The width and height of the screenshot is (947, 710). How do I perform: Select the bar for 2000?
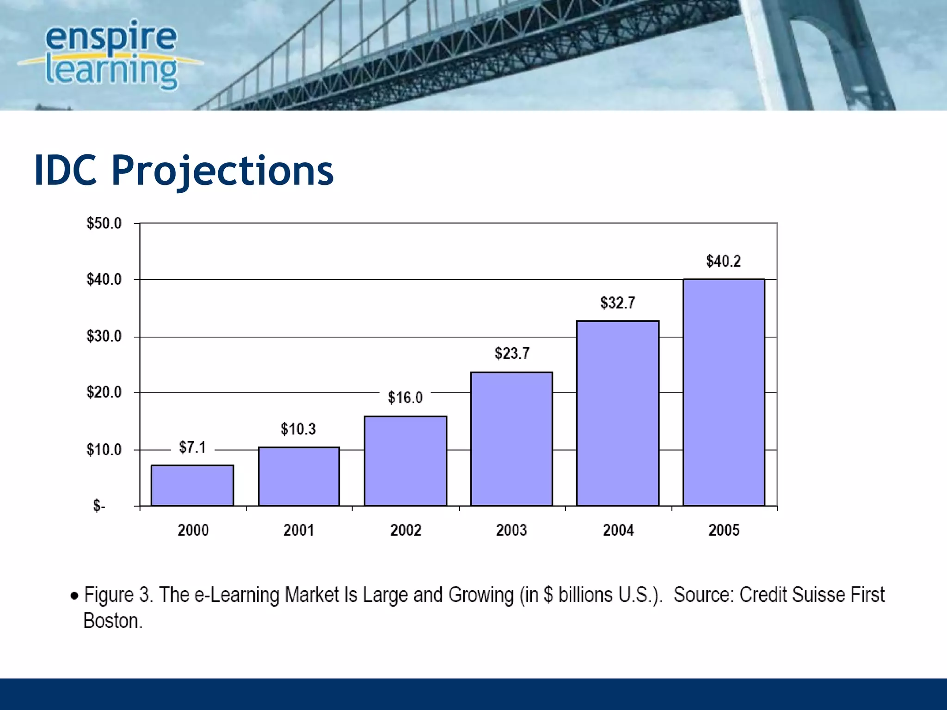pyautogui.click(x=192, y=485)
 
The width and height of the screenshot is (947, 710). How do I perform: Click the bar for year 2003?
pyautogui.click(x=511, y=439)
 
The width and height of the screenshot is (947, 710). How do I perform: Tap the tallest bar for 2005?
pyautogui.click(x=724, y=393)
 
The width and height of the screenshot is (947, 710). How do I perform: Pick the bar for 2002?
pyautogui.click(x=406, y=461)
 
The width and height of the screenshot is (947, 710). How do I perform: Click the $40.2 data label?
pyautogui.click(x=723, y=261)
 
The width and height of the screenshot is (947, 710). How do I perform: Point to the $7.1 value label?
pyautogui.click(x=192, y=447)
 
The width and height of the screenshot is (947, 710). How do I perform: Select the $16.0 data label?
pyautogui.click(x=405, y=398)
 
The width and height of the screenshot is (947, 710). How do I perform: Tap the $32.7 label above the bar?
pyautogui.click(x=618, y=303)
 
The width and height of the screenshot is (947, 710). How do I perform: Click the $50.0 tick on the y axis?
pyautogui.click(x=104, y=223)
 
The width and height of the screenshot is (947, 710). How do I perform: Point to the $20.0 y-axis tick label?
pyautogui.click(x=104, y=392)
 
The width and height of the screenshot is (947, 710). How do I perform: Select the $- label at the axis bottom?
pyautogui.click(x=99, y=506)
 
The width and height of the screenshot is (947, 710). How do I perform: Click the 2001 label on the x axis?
pyautogui.click(x=299, y=530)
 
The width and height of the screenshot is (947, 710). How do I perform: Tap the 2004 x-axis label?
pyautogui.click(x=618, y=530)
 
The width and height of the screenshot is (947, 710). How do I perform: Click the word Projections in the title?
pyautogui.click(x=222, y=171)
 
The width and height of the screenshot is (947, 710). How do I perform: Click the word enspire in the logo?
pyautogui.click(x=111, y=37)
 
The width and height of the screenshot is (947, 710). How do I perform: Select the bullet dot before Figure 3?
pyautogui.click(x=74, y=595)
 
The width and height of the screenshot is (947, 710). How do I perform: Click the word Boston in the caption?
pyautogui.click(x=112, y=621)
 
